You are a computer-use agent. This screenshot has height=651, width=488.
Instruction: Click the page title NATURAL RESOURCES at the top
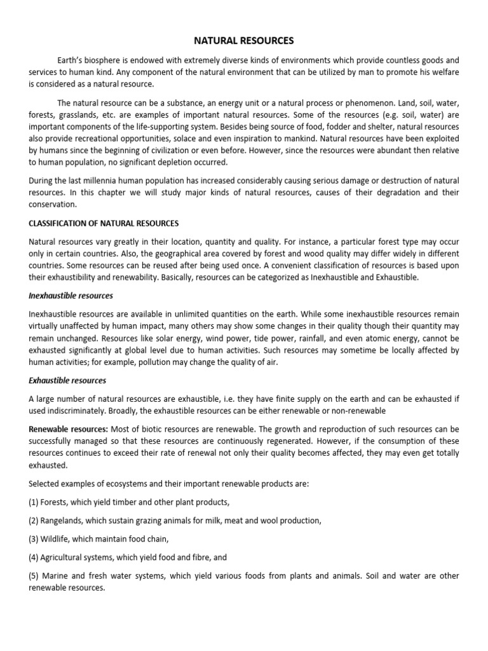[244, 41]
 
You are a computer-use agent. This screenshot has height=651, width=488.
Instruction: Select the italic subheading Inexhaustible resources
[71, 296]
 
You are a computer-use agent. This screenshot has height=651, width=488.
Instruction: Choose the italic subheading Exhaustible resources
[67, 381]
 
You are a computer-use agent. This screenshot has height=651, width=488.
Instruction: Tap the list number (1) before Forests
[34, 502]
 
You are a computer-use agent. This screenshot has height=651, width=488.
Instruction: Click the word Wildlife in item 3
[57, 538]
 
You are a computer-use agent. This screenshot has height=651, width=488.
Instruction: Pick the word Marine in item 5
[57, 576]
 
